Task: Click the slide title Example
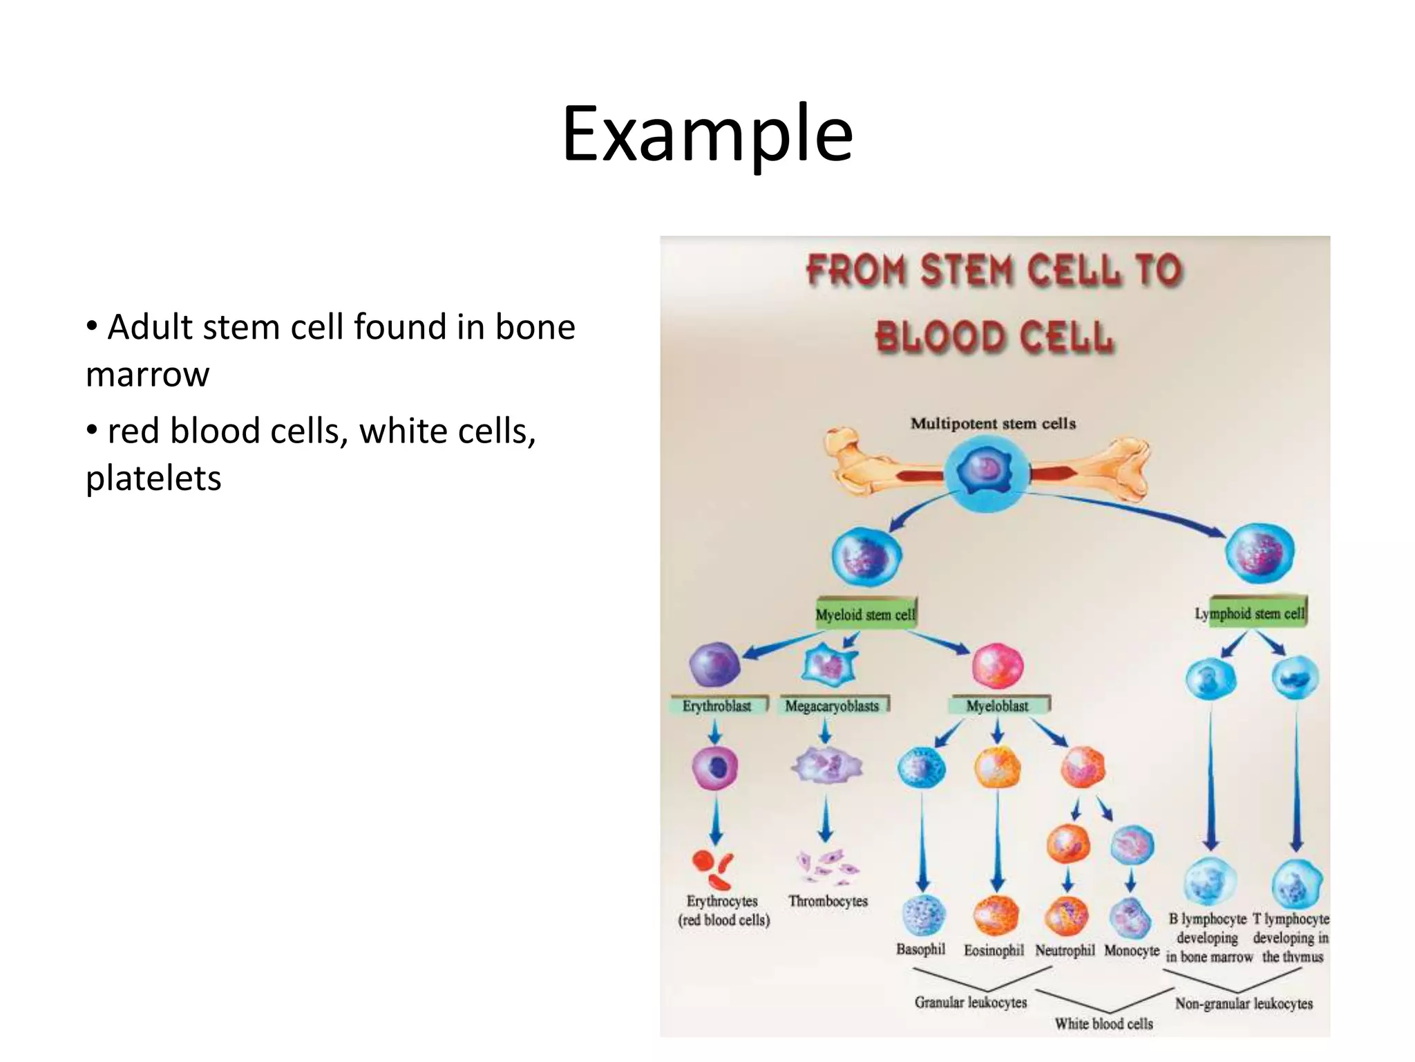pyautogui.click(x=707, y=134)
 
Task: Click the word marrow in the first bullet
pyautogui.click(x=147, y=375)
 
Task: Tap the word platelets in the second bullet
pyautogui.click(x=153, y=478)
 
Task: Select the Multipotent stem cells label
pyautogui.click(x=993, y=423)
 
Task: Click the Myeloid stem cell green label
pyautogui.click(x=865, y=614)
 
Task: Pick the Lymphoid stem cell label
pyautogui.click(x=1251, y=613)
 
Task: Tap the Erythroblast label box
pyautogui.click(x=717, y=706)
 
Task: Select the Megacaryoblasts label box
pyautogui.click(x=832, y=706)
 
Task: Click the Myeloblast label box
pyautogui.click(x=997, y=706)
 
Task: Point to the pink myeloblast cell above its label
pyautogui.click(x=997, y=665)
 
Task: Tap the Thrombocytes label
pyautogui.click(x=828, y=901)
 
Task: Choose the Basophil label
pyautogui.click(x=920, y=949)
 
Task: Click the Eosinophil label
pyautogui.click(x=994, y=951)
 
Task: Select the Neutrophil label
pyautogui.click(x=1065, y=951)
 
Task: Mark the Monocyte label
pyautogui.click(x=1132, y=951)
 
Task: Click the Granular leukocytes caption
pyautogui.click(x=971, y=1002)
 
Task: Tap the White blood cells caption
pyautogui.click(x=1103, y=1024)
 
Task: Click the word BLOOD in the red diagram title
pyautogui.click(x=940, y=337)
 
